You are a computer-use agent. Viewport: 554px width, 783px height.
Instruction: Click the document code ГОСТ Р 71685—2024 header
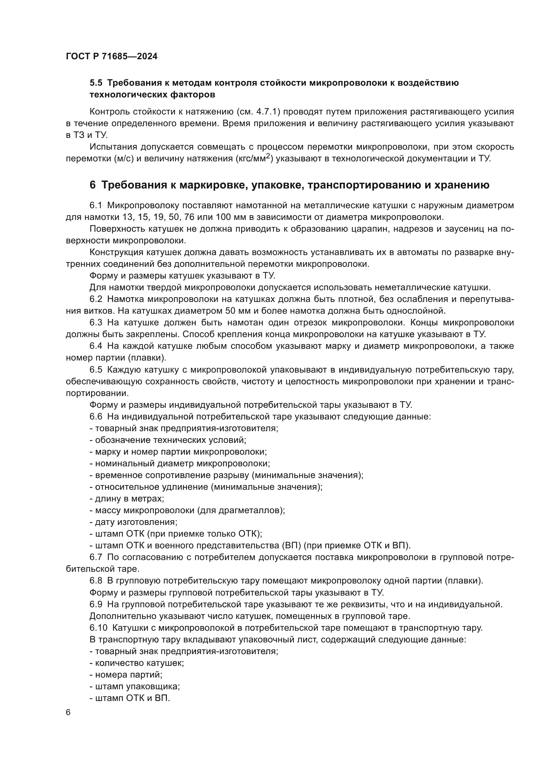click(x=112, y=57)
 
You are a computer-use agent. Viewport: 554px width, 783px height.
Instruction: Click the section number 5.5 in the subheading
click(x=96, y=83)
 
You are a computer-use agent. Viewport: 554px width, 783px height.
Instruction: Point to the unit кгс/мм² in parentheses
click(x=254, y=158)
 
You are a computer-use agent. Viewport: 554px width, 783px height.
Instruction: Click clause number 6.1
click(x=96, y=205)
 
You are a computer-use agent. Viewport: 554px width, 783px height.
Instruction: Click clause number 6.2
click(x=96, y=299)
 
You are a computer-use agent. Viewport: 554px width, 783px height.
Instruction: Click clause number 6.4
click(x=96, y=346)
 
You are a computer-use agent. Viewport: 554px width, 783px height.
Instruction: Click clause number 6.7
click(x=96, y=557)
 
